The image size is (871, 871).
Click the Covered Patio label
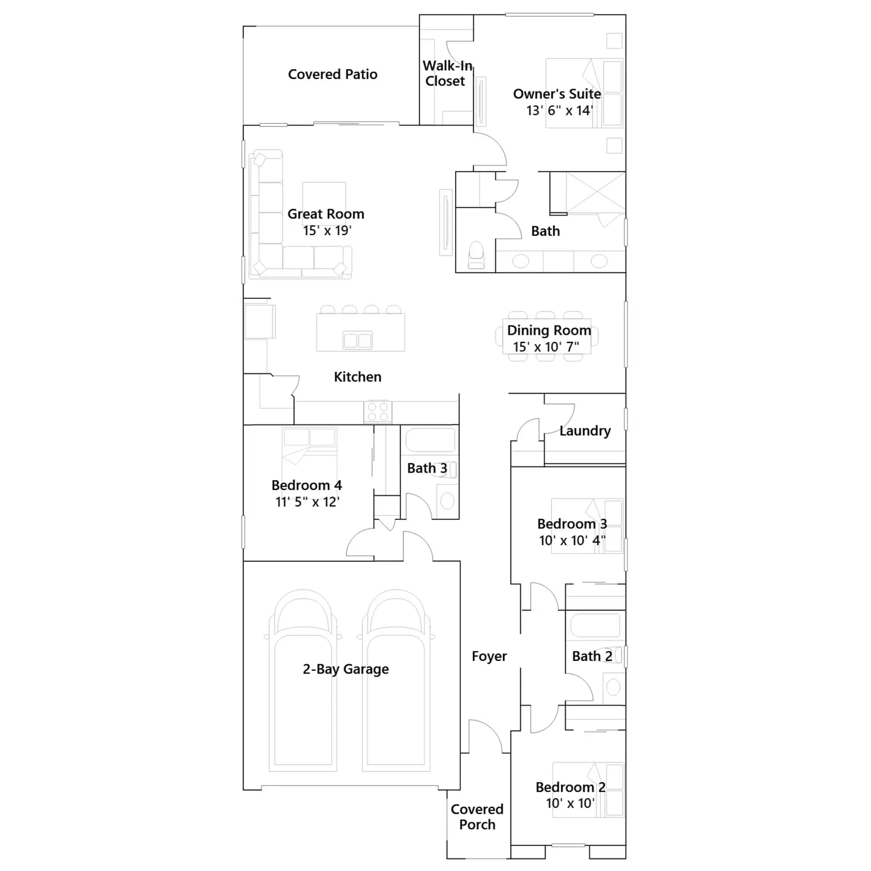[333, 75]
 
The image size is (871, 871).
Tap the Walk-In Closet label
[447, 73]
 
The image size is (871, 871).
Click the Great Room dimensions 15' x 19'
[327, 231]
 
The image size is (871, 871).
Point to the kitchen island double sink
[358, 341]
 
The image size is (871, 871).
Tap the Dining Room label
[549, 330]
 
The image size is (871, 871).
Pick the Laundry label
[585, 431]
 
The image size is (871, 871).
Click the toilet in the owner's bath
[476, 255]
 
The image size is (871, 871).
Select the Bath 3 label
[427, 468]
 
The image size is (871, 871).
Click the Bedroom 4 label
[307, 485]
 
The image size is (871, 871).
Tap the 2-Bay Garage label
[346, 669]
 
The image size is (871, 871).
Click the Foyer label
[489, 657]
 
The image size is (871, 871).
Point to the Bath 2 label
[592, 657]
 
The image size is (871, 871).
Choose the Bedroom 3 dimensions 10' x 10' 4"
[572, 541]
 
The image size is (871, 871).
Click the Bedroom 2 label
[571, 787]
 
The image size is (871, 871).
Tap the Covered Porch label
[477, 817]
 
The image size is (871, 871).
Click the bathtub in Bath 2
[595, 625]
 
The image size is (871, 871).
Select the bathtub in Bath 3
[430, 440]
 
